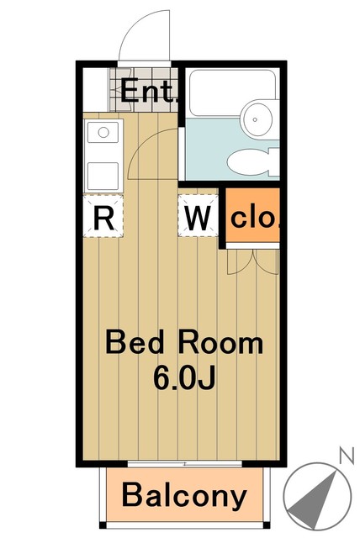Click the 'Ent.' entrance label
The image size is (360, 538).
(x=149, y=91)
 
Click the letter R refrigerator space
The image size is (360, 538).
(x=103, y=218)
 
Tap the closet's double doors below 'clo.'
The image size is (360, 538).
(x=251, y=261)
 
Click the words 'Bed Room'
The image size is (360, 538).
(x=183, y=343)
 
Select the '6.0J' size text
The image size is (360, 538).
(x=184, y=378)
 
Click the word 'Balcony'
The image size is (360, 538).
(x=185, y=496)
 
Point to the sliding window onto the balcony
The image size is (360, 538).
(x=185, y=463)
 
